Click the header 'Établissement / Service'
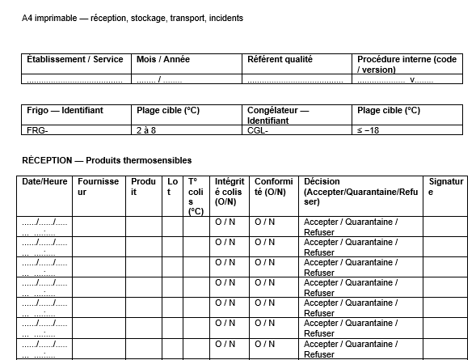tap(74, 59)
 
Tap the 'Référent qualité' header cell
tap(280, 59)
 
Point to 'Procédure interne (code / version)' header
tap(406, 64)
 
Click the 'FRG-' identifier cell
tap(37, 129)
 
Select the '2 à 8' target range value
tap(145, 129)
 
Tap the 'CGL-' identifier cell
tap(256, 129)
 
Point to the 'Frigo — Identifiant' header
tap(65, 110)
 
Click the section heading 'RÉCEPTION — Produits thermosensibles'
tap(107, 160)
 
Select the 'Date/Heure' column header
tap(44, 182)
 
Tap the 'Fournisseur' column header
tap(98, 187)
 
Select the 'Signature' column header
tap(446, 187)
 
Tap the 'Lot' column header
tap(172, 187)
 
